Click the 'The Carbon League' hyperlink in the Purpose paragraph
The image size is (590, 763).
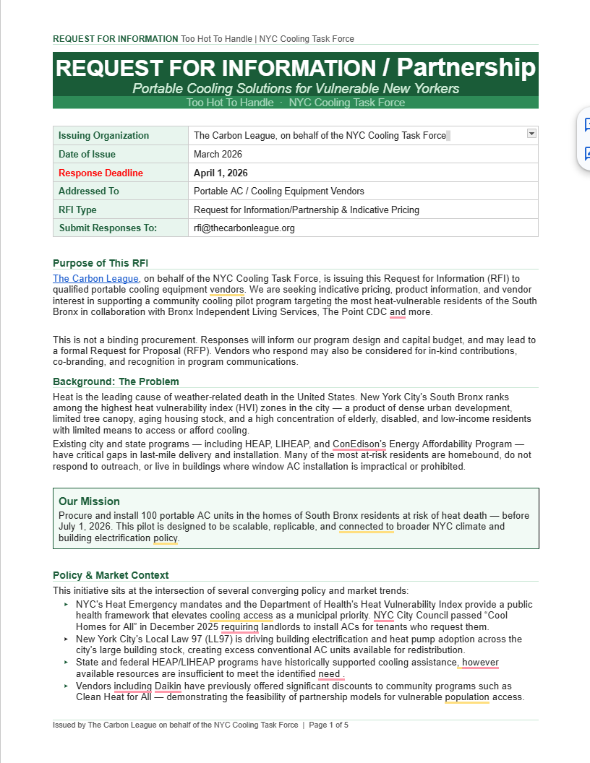95,278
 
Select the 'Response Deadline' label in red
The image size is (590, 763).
101,173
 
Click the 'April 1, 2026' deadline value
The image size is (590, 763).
221,173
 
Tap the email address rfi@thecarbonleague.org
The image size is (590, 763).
244,228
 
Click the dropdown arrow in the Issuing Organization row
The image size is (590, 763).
531,133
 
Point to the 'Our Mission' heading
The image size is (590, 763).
89,501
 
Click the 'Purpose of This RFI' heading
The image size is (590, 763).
101,263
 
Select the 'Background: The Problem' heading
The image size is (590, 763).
116,381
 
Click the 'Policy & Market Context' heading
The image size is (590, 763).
111,575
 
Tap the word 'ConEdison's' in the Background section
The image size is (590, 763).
360,444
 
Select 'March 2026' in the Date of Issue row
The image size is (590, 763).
218,154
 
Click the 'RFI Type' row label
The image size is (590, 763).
77,210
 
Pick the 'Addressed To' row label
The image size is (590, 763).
88,191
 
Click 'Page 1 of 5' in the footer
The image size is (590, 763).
329,725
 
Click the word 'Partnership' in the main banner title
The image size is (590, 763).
466,68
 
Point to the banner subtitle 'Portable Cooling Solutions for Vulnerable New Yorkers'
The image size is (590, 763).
295,89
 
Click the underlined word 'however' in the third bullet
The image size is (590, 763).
480,663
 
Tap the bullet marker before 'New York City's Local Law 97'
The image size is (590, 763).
66,639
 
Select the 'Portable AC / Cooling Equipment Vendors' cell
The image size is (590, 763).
278,191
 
